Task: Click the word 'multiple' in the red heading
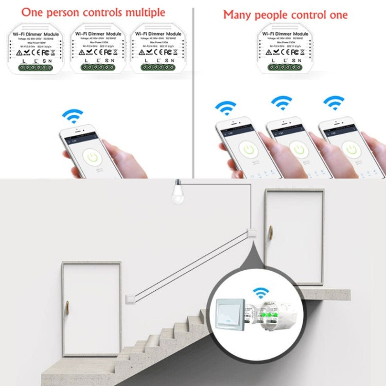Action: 140,12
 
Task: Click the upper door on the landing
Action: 294,237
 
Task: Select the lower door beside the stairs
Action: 92,309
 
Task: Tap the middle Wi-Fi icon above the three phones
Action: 282,103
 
